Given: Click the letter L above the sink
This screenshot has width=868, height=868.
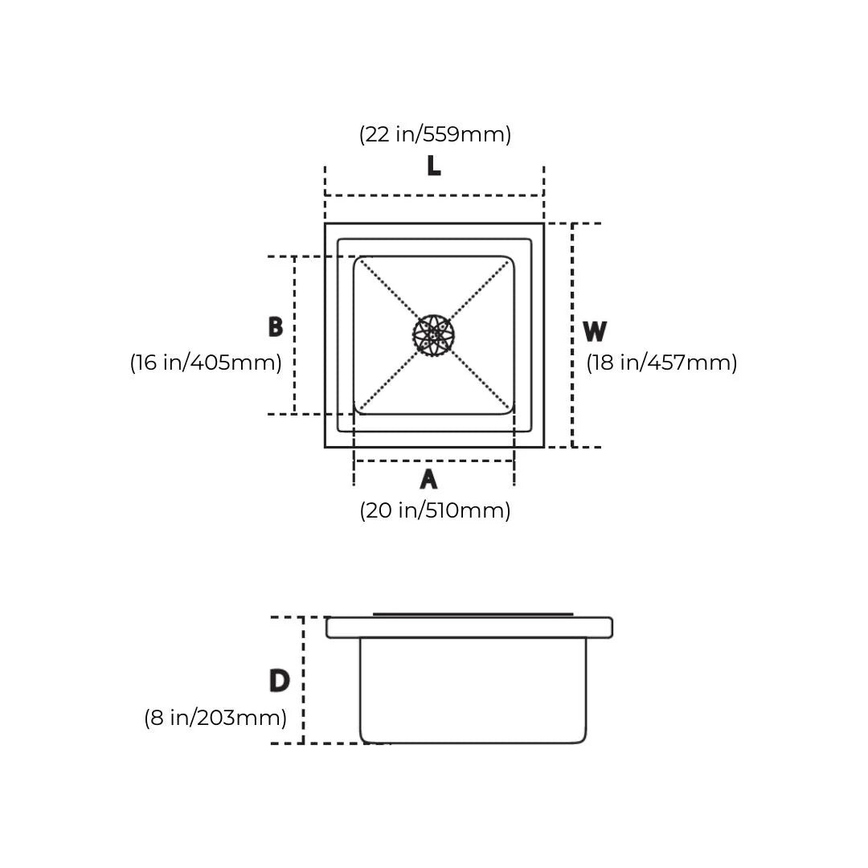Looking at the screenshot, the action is tap(434, 166).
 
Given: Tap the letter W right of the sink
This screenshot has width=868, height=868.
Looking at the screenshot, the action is tap(595, 331).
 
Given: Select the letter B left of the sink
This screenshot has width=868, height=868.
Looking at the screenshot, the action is tap(276, 326).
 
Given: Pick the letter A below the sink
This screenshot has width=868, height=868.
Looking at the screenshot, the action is tap(428, 479).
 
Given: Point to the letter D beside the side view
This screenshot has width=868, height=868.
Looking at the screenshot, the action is tap(280, 681).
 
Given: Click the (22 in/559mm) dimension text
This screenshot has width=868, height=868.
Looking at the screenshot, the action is tap(435, 134).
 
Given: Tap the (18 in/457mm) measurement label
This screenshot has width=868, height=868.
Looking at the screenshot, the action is tap(661, 362).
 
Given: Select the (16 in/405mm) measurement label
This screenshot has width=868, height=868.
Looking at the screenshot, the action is tap(206, 362).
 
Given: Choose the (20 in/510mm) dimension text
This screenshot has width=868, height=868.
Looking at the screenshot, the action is tap(435, 510).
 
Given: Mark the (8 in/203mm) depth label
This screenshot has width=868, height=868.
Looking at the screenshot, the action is tap(215, 718).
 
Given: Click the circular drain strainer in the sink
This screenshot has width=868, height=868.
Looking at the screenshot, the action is tap(434, 335).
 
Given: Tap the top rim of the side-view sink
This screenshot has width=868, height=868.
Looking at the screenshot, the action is tap(469, 628).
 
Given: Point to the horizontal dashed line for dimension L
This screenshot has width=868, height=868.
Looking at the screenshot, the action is tap(435, 195).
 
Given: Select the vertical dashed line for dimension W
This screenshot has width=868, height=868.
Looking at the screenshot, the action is tap(572, 335).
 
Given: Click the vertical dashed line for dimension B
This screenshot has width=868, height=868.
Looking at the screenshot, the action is tap(294, 335).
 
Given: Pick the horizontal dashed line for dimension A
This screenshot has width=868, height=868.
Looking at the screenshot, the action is tap(434, 461).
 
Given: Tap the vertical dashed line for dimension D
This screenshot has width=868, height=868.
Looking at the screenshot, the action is tap(303, 681).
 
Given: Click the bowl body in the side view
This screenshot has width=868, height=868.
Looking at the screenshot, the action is tap(473, 690).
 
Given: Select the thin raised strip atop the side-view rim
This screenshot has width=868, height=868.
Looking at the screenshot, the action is tap(473, 615).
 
